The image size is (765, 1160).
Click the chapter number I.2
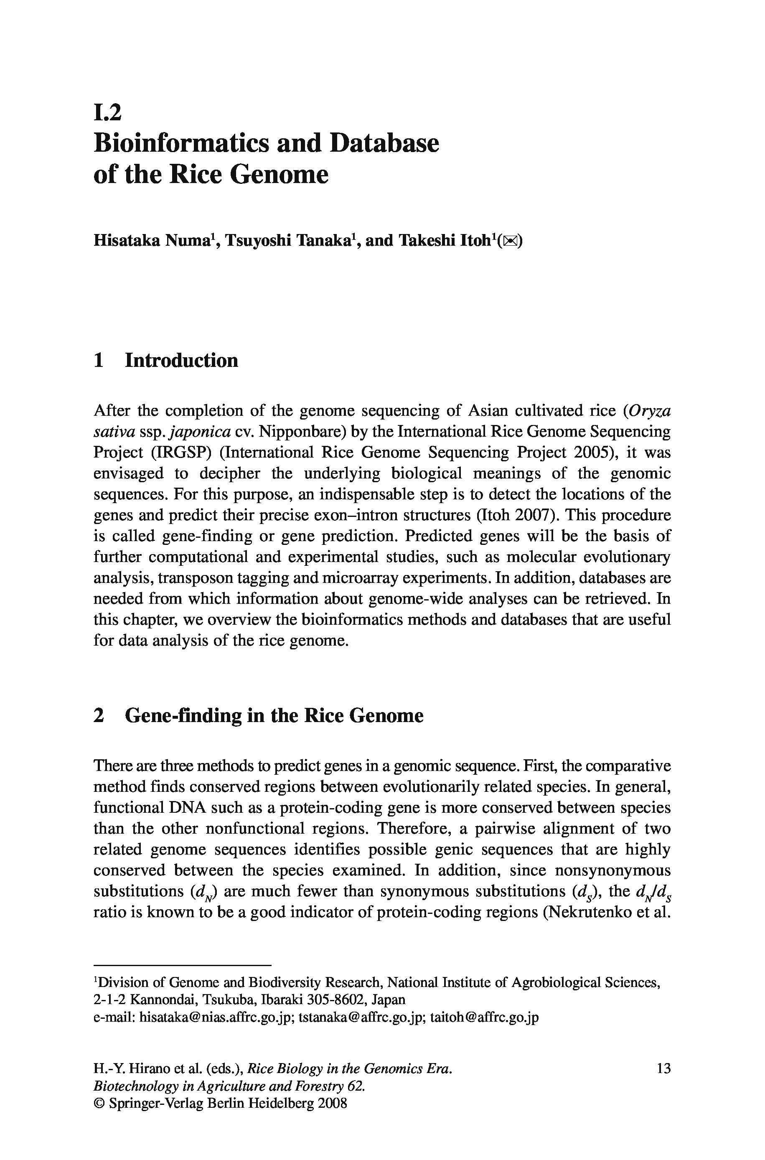pyautogui.click(x=107, y=113)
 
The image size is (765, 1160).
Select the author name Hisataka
pyautogui.click(x=126, y=241)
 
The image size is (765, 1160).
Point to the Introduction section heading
pyautogui.click(x=181, y=361)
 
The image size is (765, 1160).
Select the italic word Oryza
pyautogui.click(x=650, y=411)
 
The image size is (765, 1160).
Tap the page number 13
pyautogui.click(x=663, y=1069)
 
